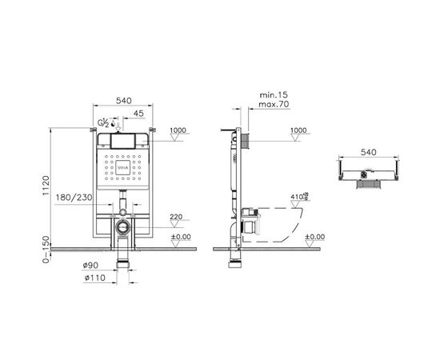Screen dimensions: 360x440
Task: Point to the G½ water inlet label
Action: click(102, 122)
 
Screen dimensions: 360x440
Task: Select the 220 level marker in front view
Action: click(177, 216)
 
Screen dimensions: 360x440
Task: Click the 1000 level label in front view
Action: click(177, 130)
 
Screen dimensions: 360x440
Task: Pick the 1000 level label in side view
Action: click(298, 130)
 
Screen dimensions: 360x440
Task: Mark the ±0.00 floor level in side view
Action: click(315, 236)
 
